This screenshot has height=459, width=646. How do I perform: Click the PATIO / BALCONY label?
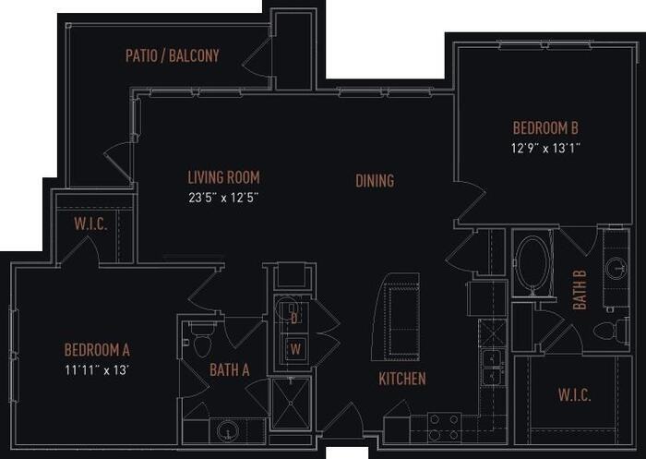173,55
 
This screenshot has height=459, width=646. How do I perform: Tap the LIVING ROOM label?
223,177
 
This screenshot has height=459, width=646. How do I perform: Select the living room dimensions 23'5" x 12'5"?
223,197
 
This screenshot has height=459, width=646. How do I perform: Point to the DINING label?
375,181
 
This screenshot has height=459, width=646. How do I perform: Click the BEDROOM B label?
545,128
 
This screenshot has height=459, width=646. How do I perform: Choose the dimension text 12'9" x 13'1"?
545,147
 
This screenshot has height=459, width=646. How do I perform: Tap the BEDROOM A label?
97,349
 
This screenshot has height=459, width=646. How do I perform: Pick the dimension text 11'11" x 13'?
97,368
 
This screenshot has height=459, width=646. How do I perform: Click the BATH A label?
230,371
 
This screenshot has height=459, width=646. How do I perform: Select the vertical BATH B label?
580,289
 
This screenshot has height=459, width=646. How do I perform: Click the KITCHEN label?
402,379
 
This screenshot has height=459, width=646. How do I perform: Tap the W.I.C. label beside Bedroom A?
91,225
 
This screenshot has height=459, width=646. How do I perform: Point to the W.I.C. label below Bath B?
574,395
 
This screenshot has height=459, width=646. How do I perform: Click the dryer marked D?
293,319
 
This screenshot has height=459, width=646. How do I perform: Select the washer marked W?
294,349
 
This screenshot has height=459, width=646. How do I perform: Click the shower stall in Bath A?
293,404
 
